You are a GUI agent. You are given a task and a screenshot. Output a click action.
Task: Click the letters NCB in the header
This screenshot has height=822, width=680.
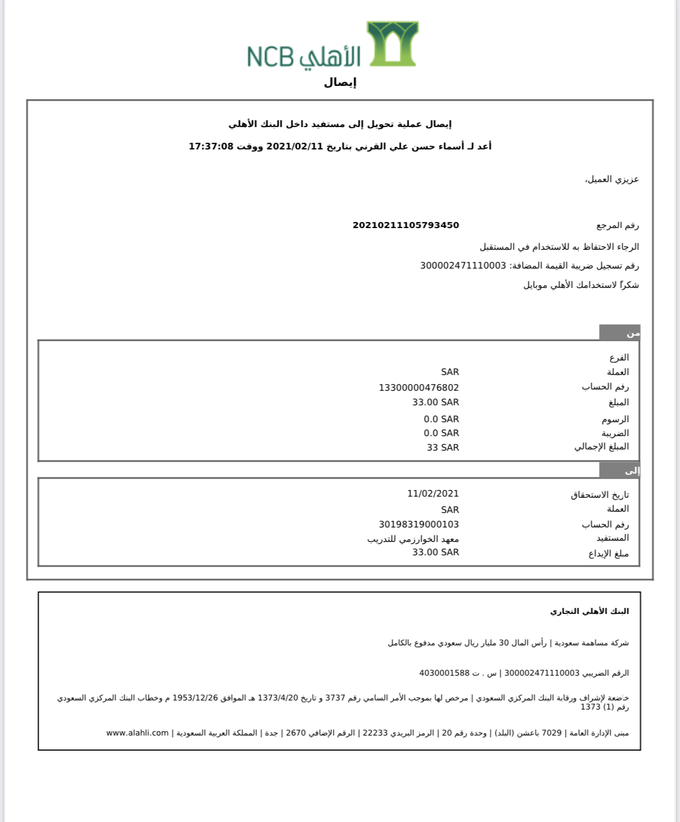pos(270,57)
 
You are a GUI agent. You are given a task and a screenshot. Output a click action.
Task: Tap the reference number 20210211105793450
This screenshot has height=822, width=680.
pos(406,225)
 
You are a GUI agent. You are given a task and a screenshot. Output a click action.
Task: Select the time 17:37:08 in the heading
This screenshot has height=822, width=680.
pos(211,146)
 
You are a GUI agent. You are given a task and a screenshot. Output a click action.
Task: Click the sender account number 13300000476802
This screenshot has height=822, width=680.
pos(419,387)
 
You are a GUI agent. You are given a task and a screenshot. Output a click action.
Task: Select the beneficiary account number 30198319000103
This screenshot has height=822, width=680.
pos(419,524)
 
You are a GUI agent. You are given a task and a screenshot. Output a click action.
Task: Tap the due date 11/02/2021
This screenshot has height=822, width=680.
pos(433,494)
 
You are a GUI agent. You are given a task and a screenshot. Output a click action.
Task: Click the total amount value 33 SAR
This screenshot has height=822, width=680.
pos(442,448)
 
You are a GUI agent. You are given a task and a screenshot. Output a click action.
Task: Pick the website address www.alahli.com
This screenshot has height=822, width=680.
pos(137,732)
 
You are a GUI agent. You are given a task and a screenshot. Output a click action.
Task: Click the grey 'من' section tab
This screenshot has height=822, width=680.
pos(620,333)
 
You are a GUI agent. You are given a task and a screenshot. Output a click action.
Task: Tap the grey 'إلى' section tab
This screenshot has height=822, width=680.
pos(620,470)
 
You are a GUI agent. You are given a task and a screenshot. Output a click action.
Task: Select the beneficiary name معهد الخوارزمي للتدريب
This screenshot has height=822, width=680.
pos(413,539)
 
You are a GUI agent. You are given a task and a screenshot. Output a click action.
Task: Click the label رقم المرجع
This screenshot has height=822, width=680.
pos(617,226)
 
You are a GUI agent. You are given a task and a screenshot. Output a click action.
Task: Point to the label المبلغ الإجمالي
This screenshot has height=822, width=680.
pos(601,447)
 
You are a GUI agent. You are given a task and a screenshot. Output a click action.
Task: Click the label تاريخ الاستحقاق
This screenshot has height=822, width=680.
pos(600,495)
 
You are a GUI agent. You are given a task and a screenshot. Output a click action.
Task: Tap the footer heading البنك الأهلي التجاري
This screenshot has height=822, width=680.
pos(589,611)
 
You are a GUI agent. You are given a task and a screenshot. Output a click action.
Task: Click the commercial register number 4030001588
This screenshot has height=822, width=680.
pos(444,673)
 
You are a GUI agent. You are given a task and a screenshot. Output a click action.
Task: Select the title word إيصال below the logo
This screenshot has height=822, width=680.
pos(340,83)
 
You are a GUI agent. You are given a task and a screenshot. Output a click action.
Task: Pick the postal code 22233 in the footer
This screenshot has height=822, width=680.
pos(375,732)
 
